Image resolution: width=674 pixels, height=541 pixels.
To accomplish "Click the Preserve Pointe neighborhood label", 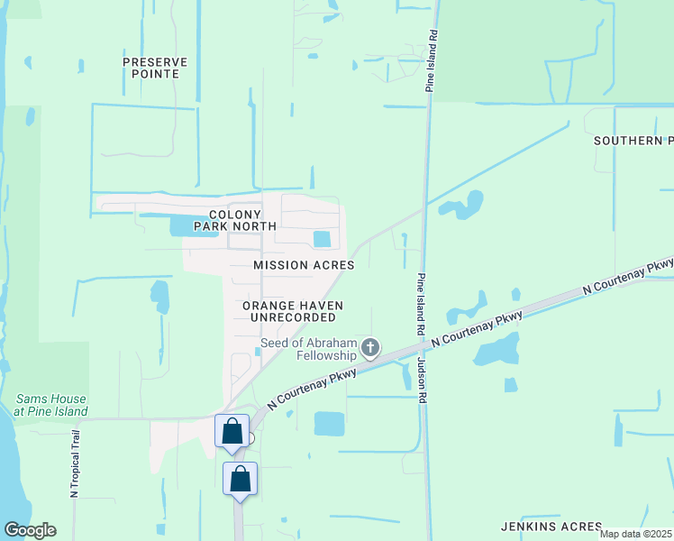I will tap(155, 68).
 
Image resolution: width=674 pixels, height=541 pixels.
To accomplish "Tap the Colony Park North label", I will tap(226, 220).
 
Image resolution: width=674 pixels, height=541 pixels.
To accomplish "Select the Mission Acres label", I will tap(304, 265).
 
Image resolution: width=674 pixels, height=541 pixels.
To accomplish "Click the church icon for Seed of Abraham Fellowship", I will tap(369, 347).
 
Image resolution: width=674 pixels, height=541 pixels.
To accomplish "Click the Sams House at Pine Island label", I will tap(50, 405).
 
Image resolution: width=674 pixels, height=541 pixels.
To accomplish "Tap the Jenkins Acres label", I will tap(551, 526).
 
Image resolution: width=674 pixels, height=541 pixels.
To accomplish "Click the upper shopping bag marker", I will tap(232, 431).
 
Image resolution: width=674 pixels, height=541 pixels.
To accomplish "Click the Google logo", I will tap(30, 530).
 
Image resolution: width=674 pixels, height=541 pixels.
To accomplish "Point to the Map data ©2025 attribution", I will tap(635, 534).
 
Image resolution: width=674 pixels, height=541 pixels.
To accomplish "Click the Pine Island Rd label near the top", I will tap(433, 61).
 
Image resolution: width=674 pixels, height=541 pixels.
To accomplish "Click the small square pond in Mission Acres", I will tap(321, 239).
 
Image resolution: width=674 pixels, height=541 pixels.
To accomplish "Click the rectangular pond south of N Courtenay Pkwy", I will tap(329, 424).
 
